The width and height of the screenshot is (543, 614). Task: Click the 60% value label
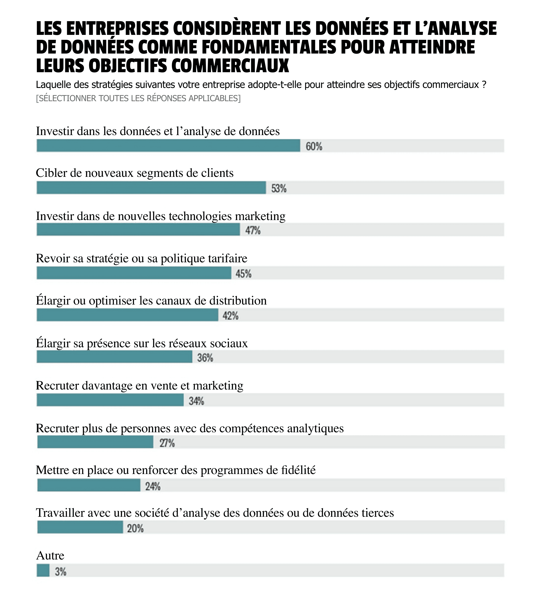click(x=314, y=146)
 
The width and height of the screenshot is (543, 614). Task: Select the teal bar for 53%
click(x=151, y=188)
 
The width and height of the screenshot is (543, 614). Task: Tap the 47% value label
click(x=253, y=230)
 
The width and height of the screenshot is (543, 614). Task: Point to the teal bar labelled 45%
click(x=134, y=273)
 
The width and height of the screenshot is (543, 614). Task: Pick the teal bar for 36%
click(x=114, y=357)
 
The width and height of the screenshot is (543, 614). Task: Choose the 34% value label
click(x=196, y=401)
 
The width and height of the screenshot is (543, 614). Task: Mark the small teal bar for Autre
click(x=43, y=571)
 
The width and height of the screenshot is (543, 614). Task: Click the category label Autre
click(x=50, y=556)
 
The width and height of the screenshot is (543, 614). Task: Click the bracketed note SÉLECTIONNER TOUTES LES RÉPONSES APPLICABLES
click(x=138, y=98)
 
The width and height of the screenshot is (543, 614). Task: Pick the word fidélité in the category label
click(x=298, y=470)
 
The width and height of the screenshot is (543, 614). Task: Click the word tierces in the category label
click(x=377, y=513)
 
